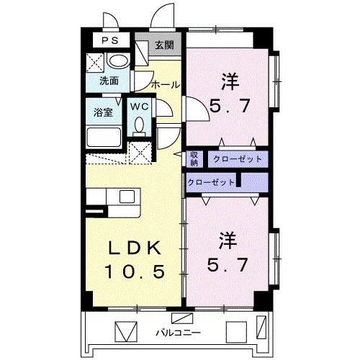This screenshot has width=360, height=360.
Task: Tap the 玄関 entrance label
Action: pos(164,45)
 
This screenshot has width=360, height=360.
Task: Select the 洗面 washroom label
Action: pos(109,81)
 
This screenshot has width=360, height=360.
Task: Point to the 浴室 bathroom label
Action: pos(103,112)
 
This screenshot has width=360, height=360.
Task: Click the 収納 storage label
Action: pos(194,158)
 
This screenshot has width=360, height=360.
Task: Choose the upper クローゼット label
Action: pos(233,158)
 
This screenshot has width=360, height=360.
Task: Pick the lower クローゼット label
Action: pos(211,182)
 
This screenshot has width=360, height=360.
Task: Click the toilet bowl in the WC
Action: pos(140,126)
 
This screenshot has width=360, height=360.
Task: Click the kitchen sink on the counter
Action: pos(127,197)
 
